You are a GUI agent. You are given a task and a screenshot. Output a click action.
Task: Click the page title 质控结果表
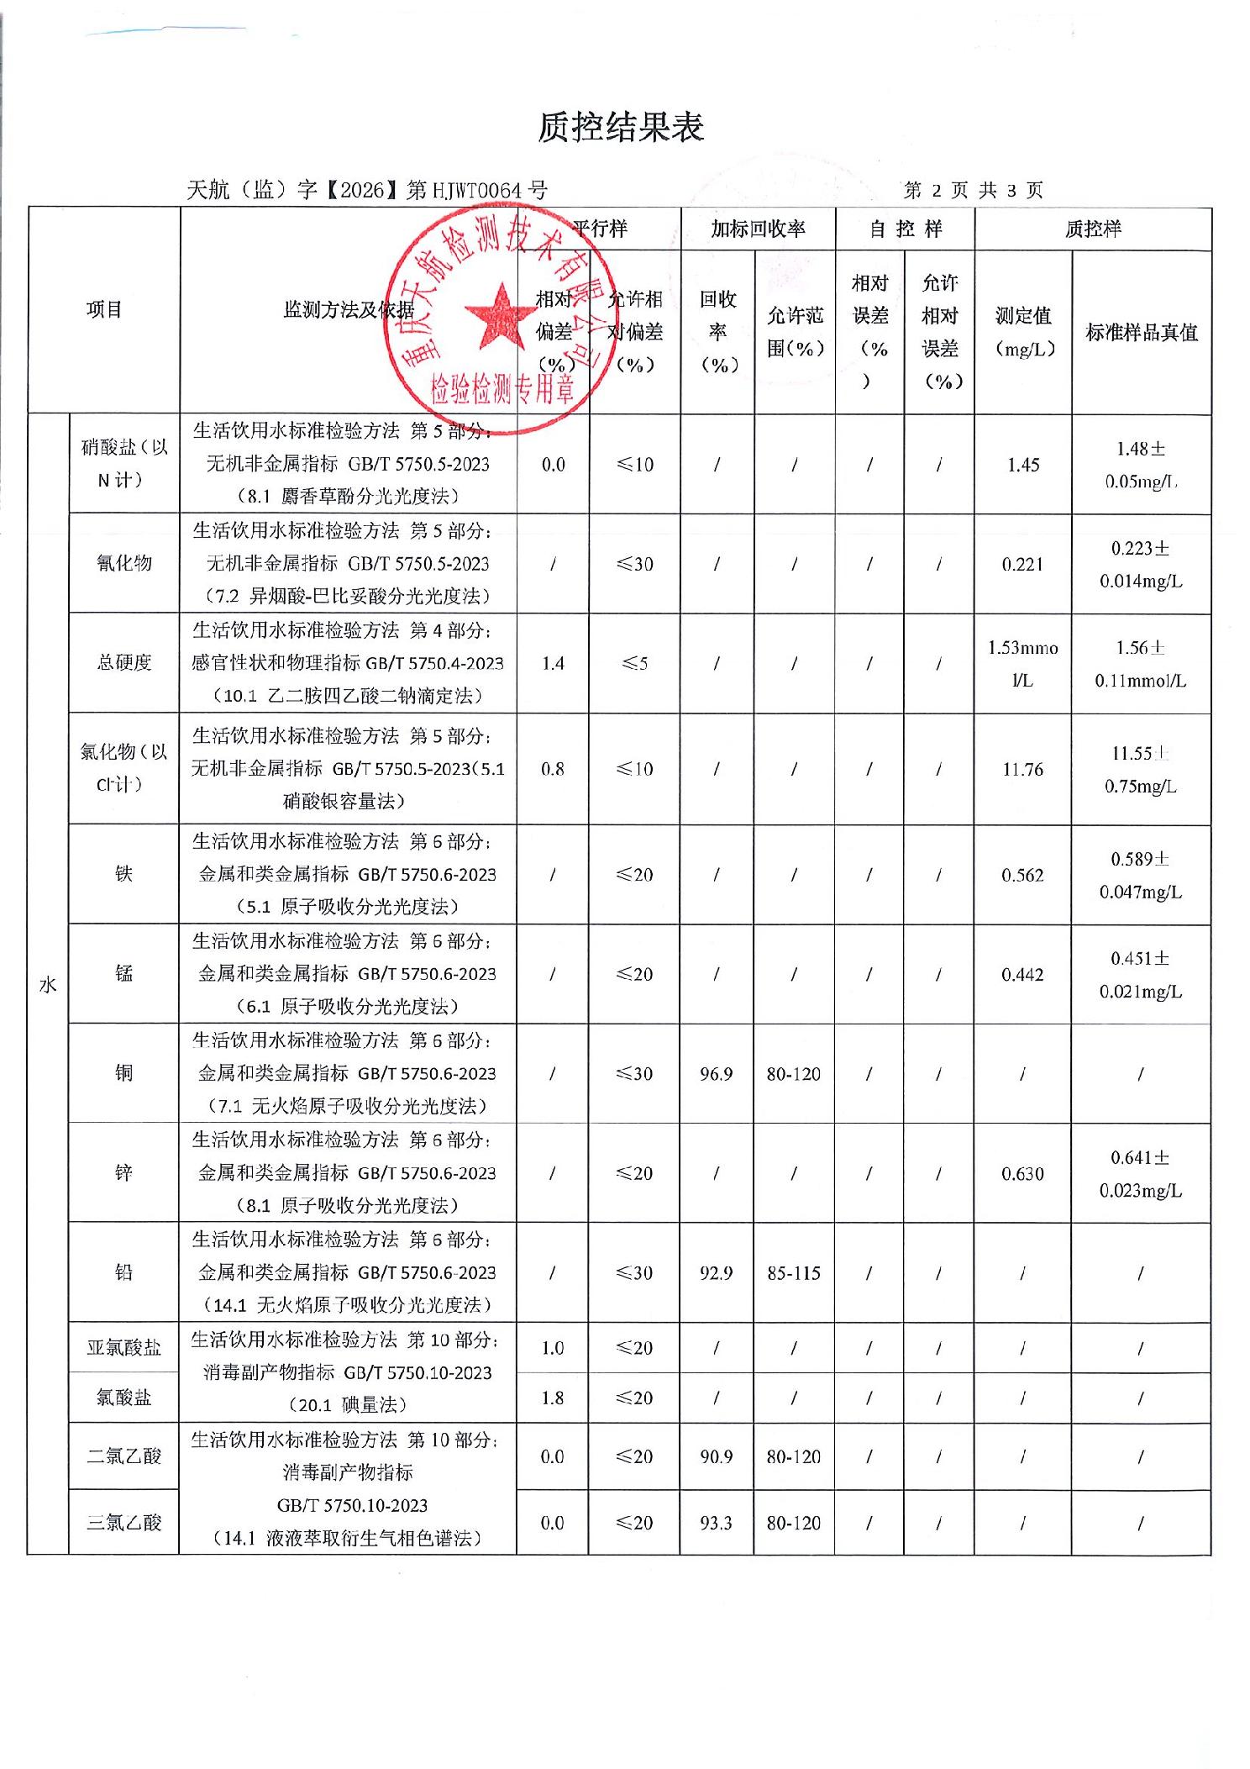(621, 128)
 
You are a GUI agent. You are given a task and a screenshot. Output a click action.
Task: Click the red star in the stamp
(502, 317)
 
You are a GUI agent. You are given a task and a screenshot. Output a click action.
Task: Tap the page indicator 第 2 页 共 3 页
(973, 191)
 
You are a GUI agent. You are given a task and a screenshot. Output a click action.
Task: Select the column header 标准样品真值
(1141, 333)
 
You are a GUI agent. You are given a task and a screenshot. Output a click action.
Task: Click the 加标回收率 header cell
(758, 229)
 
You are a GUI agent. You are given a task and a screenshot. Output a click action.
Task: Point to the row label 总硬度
(124, 663)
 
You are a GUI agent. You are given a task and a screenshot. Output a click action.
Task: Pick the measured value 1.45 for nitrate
(1023, 465)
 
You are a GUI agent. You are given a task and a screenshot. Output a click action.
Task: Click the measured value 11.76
(1022, 769)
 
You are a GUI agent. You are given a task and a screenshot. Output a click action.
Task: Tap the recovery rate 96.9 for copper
(716, 1074)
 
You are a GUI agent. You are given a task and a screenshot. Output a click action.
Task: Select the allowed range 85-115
(793, 1273)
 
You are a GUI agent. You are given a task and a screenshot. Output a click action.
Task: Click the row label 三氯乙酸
(124, 1523)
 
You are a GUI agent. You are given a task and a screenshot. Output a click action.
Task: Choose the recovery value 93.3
(716, 1523)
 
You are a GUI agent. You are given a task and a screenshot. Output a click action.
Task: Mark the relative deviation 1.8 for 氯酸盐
(552, 1398)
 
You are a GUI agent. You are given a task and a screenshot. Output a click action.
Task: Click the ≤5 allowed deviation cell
(634, 663)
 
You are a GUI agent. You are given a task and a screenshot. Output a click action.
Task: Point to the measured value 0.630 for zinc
(1022, 1174)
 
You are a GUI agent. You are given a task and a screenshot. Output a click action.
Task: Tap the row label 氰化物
(124, 563)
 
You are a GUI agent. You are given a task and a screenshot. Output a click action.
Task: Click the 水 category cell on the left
(48, 984)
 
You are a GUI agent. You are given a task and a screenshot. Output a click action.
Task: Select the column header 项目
(104, 310)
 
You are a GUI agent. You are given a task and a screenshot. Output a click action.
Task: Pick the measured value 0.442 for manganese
(1022, 975)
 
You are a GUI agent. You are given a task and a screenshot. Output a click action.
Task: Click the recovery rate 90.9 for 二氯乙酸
(716, 1456)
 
